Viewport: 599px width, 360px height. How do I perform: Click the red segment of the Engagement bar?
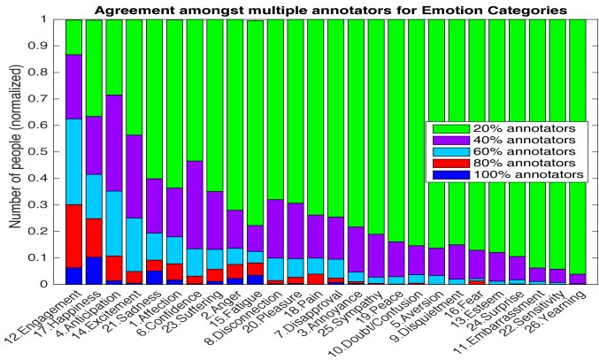[73, 236]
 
